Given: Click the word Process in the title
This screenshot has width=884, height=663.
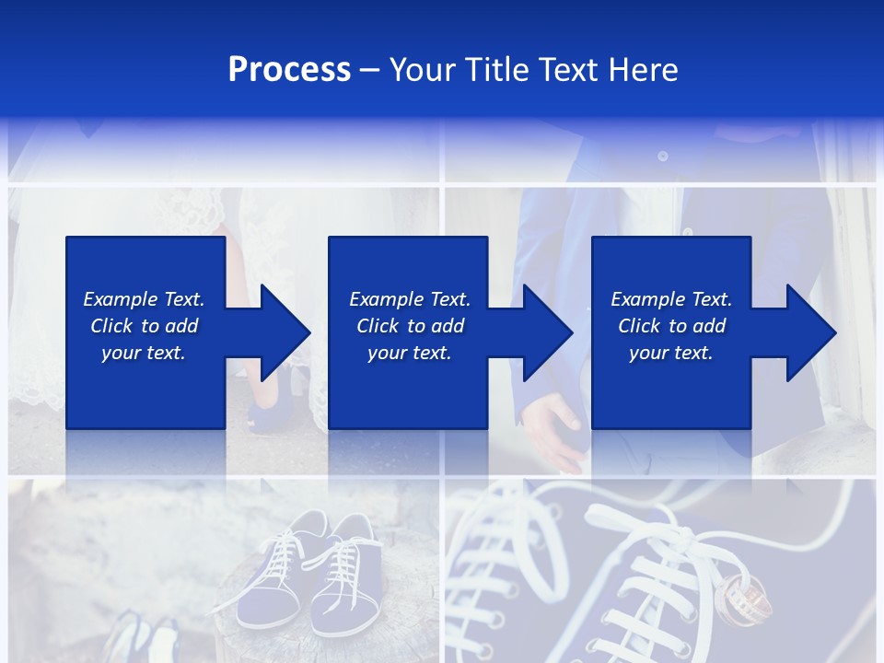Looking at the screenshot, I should (289, 70).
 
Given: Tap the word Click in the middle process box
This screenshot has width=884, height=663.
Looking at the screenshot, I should (378, 326).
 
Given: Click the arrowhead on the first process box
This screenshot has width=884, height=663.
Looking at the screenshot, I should (285, 332).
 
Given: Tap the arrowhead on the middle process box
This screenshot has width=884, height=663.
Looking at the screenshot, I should (548, 332).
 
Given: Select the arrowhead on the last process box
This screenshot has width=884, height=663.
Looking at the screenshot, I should (811, 332).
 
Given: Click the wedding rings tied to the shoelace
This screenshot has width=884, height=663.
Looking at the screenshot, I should (742, 595).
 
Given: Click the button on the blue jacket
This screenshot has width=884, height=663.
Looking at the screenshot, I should (662, 157).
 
